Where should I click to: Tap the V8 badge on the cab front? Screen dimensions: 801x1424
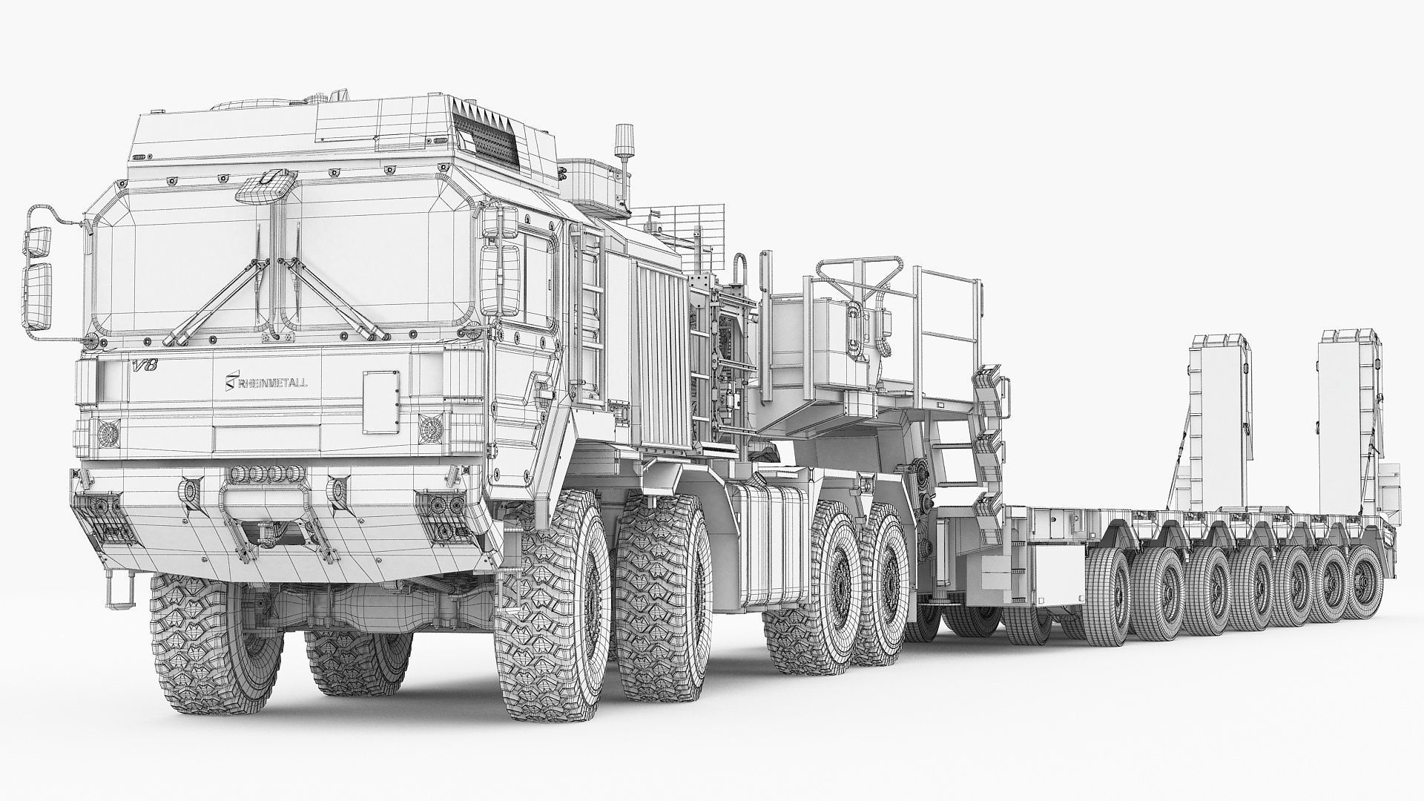141,365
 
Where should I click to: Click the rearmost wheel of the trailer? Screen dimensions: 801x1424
1364,583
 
